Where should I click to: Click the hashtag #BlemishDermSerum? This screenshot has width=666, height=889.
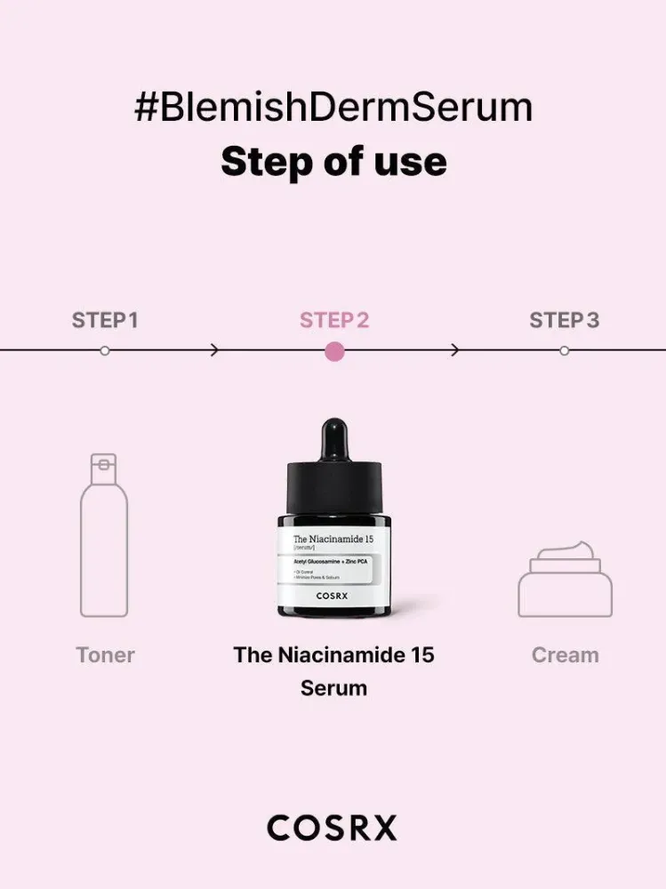tap(333, 108)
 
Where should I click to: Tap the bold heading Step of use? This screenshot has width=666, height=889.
tap(333, 162)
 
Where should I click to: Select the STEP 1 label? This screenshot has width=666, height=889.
tap(105, 320)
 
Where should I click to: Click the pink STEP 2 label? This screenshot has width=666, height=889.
tap(334, 320)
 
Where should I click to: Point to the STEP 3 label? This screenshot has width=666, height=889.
tap(564, 320)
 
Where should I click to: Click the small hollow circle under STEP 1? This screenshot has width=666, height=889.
tap(105, 350)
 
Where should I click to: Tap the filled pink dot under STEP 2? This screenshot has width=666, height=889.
tap(334, 350)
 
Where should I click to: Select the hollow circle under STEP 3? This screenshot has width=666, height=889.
tap(564, 350)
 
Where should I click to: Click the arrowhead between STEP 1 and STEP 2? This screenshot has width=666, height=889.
tap(214, 350)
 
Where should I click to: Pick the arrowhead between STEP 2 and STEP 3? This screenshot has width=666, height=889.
tap(455, 350)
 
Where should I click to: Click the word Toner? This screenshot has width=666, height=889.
tap(105, 655)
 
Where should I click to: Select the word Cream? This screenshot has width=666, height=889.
tap(565, 655)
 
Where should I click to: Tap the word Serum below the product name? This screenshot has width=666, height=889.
tap(333, 687)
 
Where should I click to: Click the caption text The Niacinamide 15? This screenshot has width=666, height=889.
tap(333, 655)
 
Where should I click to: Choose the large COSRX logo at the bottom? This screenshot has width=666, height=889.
tap(333, 829)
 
